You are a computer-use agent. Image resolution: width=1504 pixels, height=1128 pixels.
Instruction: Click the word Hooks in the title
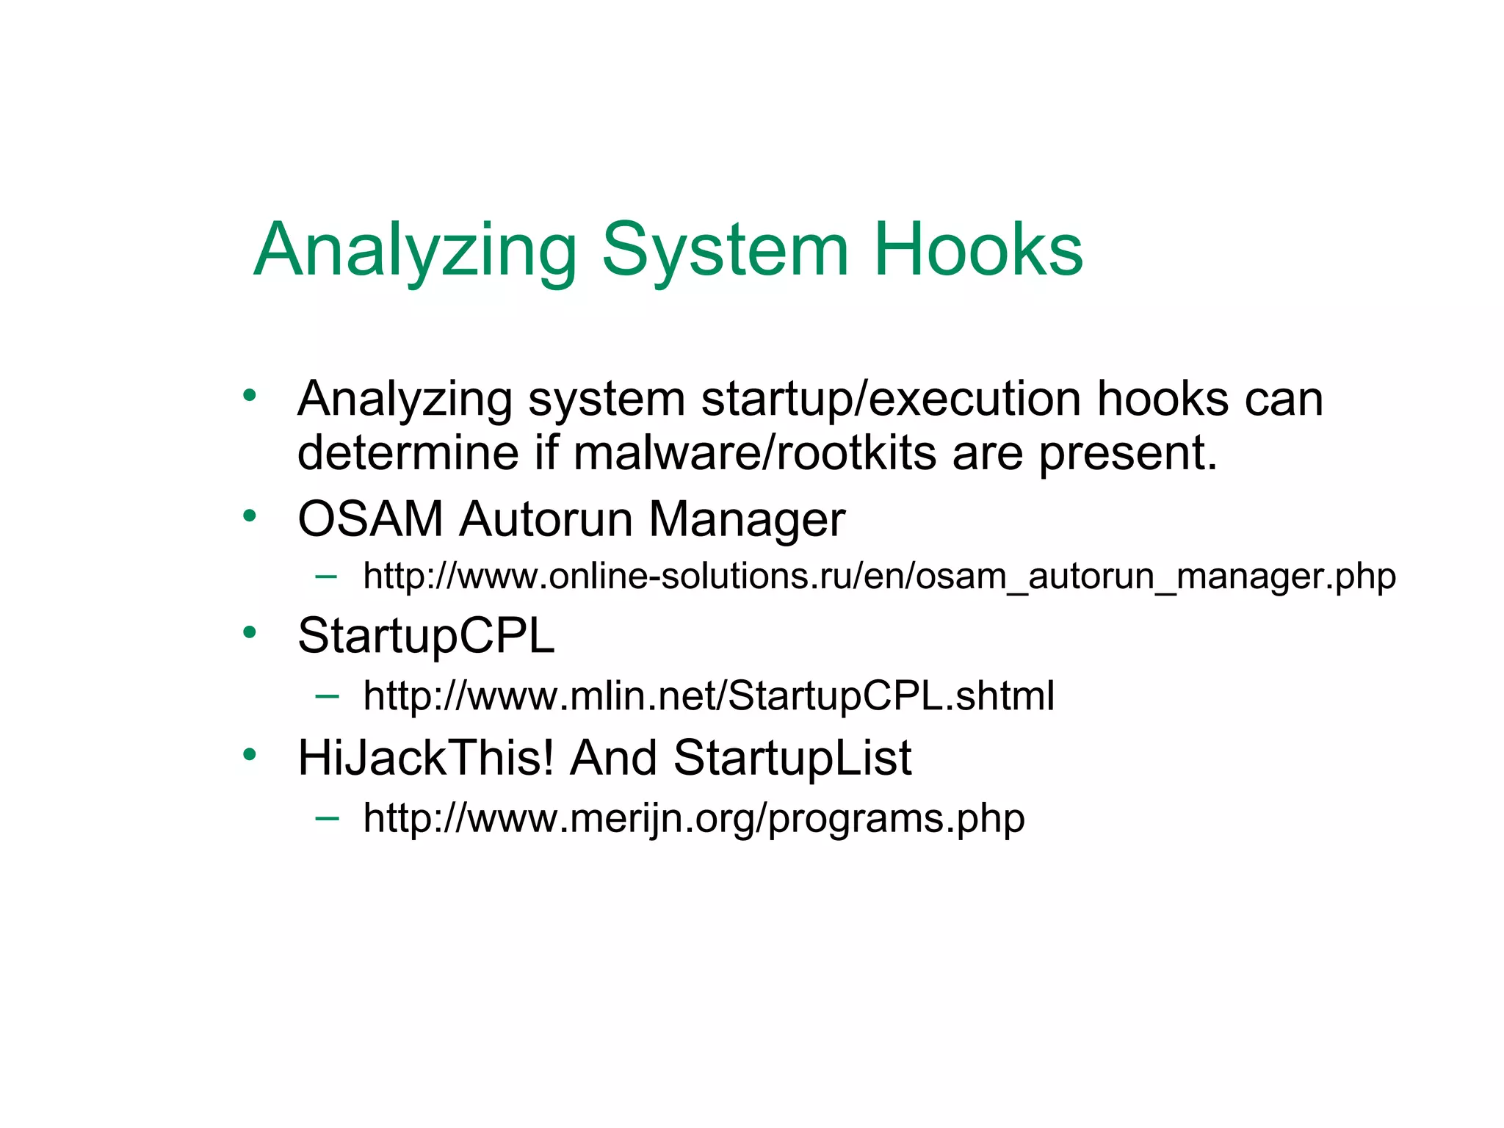tap(977, 250)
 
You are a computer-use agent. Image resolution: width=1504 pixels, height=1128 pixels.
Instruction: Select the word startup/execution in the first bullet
tap(890, 400)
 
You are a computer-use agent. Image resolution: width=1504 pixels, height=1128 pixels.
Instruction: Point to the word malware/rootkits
tap(754, 453)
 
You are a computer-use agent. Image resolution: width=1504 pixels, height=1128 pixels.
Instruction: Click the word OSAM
tap(370, 519)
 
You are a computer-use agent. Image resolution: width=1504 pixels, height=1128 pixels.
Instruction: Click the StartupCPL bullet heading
tap(426, 636)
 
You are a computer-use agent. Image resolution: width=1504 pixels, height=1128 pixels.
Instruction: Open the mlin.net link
tap(709, 696)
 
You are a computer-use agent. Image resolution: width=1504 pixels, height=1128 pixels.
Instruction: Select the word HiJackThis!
tap(426, 758)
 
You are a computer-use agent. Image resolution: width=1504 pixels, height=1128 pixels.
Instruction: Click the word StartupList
tap(792, 758)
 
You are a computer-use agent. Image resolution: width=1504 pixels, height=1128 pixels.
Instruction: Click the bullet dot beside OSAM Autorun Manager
tap(250, 515)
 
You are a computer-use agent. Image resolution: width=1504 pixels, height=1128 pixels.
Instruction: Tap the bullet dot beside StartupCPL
tap(250, 632)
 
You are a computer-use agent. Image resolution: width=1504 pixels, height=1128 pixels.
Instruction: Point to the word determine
tap(408, 453)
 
